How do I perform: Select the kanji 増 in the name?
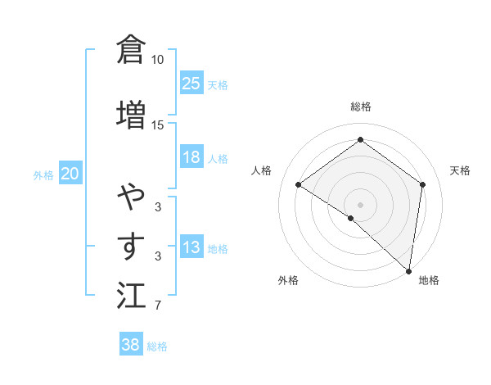[131, 114]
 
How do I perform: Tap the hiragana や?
[131, 197]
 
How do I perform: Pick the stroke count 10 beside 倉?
[158, 60]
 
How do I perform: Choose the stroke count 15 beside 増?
[158, 125]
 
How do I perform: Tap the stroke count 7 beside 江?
[158, 306]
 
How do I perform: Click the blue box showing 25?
[191, 83]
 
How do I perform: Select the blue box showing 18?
[191, 157]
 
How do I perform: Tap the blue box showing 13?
[191, 248]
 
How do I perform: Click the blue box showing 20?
[70, 174]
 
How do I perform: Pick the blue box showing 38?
[131, 345]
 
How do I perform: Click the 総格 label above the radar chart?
[360, 107]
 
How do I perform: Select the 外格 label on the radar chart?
[288, 280]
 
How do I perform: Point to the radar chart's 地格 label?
[429, 280]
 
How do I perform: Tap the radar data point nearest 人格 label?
[299, 185]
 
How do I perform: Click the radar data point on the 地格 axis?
[408, 270]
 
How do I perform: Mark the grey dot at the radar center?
[360, 204]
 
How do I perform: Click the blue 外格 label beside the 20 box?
[43, 174]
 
